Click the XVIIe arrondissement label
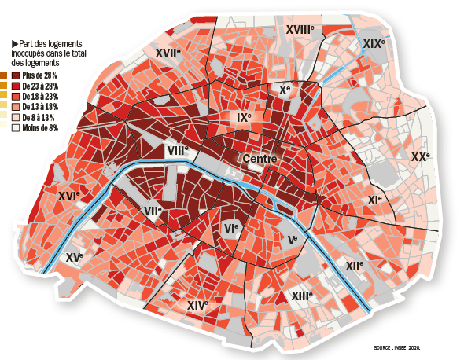[168, 53]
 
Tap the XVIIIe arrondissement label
[300, 29]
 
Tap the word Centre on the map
[260, 160]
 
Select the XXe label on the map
[421, 157]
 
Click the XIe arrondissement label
[374, 200]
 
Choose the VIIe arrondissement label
[153, 211]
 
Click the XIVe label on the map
[197, 304]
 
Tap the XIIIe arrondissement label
[301, 296]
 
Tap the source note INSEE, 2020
[397, 347]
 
